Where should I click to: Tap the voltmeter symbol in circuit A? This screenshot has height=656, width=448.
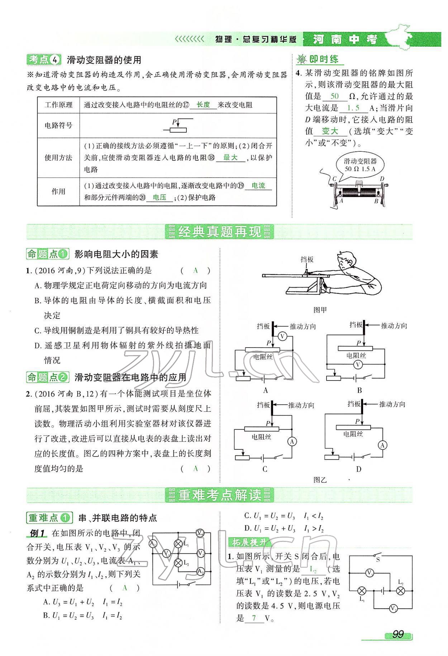(282, 336)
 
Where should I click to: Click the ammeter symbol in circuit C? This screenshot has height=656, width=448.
(292, 442)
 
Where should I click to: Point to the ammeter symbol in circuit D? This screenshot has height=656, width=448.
(383, 445)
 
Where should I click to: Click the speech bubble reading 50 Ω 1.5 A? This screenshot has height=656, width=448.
(359, 165)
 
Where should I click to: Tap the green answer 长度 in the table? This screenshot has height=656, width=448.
(203, 105)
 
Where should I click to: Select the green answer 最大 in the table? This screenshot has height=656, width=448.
(230, 157)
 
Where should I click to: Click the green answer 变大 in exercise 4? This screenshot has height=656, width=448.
(330, 131)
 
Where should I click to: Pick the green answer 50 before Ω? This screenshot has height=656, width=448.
(334, 96)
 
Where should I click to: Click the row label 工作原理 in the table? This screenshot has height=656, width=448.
(58, 105)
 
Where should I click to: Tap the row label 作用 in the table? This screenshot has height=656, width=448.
(58, 192)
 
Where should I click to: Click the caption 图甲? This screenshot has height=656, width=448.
(320, 310)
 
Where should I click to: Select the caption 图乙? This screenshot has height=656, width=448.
(320, 480)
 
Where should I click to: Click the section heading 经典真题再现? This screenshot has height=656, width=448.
(219, 232)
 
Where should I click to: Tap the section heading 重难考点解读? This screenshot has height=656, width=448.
(219, 495)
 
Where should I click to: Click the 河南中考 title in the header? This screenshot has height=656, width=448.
(345, 39)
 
